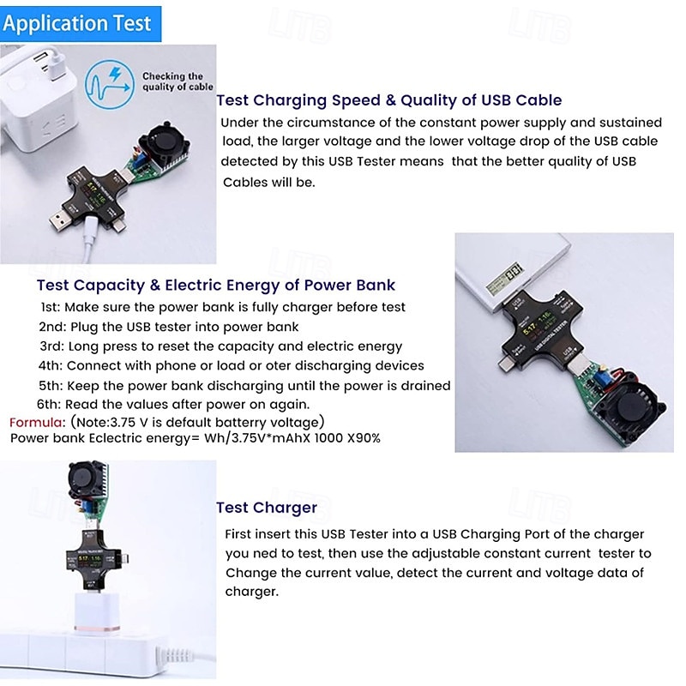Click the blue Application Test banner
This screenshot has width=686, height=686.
[x=81, y=24]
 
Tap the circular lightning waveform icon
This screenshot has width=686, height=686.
[x=110, y=84]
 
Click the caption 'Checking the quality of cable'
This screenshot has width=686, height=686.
[x=178, y=81]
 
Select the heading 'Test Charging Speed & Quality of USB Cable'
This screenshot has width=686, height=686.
[x=389, y=100]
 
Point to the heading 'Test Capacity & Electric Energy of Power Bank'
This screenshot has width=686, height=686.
[x=216, y=286]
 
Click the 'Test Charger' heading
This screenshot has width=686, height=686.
[x=267, y=508]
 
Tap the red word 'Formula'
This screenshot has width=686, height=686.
[x=37, y=422]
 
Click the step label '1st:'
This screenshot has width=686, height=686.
[x=50, y=307]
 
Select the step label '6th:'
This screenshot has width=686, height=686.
[x=49, y=404]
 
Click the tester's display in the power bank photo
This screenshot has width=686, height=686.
[x=538, y=324]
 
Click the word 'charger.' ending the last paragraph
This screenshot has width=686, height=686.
[x=251, y=592]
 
